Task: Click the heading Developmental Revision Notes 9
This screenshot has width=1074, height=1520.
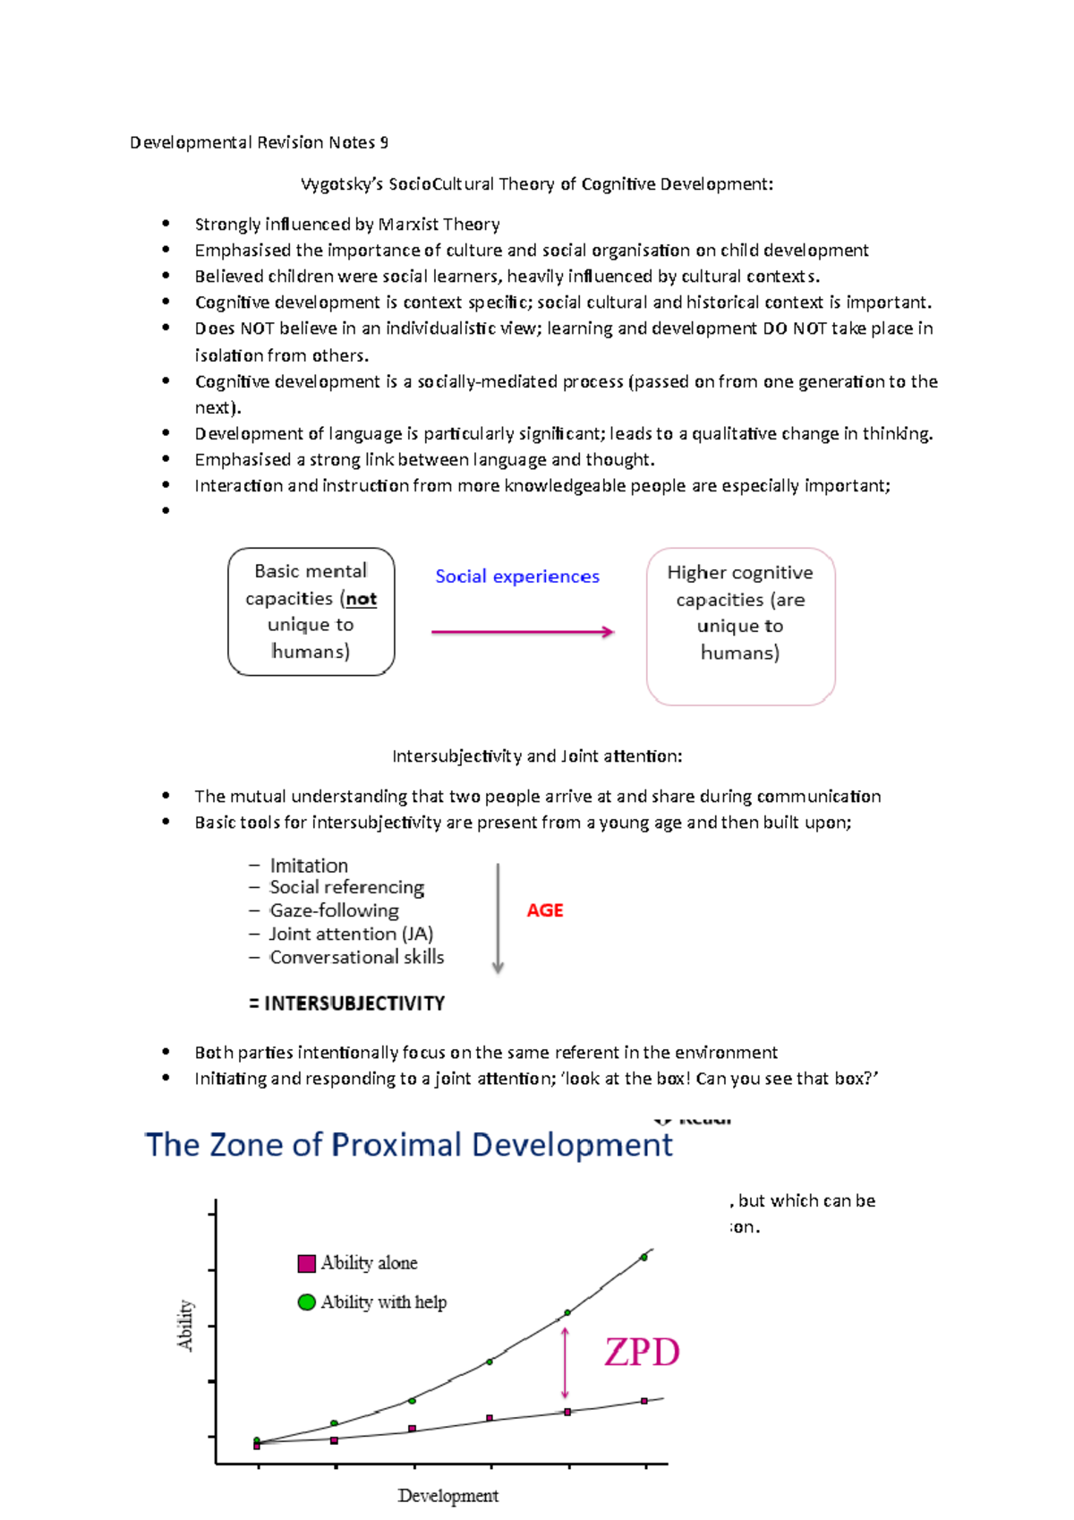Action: point(259,142)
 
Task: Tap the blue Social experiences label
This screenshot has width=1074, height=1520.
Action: point(517,576)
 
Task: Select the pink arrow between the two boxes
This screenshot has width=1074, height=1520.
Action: point(523,632)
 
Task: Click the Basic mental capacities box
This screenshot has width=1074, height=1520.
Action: point(311,611)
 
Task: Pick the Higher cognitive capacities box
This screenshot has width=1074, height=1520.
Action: point(740,626)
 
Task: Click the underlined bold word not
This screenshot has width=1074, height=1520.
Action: point(362,599)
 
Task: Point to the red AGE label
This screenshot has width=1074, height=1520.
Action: point(544,910)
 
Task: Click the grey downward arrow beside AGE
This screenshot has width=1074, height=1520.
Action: point(498,918)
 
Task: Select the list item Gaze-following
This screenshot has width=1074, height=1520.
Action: point(334,910)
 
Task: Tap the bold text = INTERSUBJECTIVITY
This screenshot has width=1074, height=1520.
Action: point(346,1003)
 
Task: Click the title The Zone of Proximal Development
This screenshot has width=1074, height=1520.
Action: point(408,1145)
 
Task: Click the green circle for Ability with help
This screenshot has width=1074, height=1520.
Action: point(307,1302)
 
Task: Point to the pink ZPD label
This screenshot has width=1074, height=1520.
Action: point(642,1352)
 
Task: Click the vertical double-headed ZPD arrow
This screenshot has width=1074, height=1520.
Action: point(565,1363)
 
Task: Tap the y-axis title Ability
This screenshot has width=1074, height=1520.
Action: point(185,1325)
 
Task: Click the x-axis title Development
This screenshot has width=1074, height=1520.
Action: point(447,1496)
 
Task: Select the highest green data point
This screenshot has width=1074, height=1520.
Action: point(644,1257)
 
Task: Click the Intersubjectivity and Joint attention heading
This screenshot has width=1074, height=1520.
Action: point(537,756)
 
